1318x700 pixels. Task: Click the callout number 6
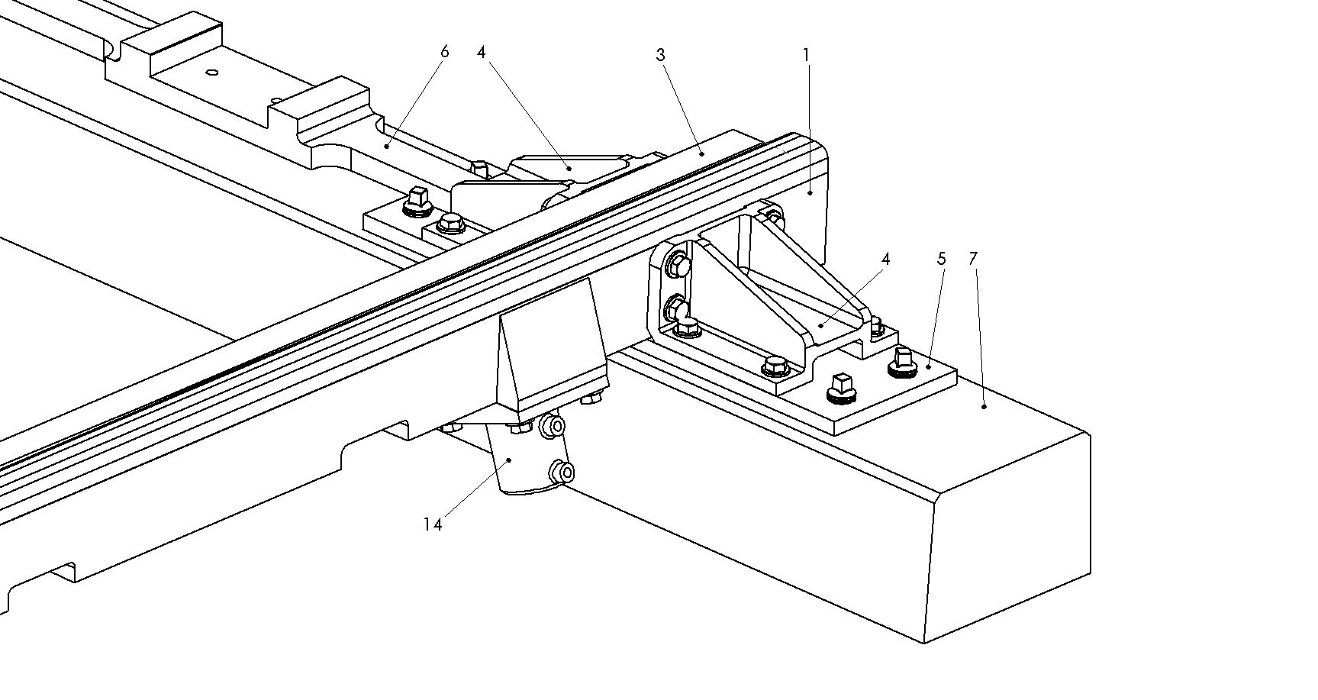click(x=445, y=52)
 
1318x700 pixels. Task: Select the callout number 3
click(x=661, y=55)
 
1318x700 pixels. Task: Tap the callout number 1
click(x=806, y=55)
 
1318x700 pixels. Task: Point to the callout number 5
click(x=941, y=259)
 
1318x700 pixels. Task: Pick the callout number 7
click(x=972, y=259)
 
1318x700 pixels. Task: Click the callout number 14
click(x=433, y=524)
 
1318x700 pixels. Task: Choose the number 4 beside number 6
click(x=481, y=52)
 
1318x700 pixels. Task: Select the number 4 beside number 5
click(x=885, y=259)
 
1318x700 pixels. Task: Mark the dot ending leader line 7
click(x=984, y=407)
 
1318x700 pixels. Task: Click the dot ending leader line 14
click(x=510, y=460)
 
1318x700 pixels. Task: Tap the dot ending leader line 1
click(x=810, y=194)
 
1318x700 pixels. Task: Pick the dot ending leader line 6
click(x=387, y=144)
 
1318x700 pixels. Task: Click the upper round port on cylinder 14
click(x=555, y=425)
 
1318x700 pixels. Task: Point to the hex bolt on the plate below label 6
click(x=450, y=224)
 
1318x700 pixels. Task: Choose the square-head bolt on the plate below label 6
click(x=417, y=198)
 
